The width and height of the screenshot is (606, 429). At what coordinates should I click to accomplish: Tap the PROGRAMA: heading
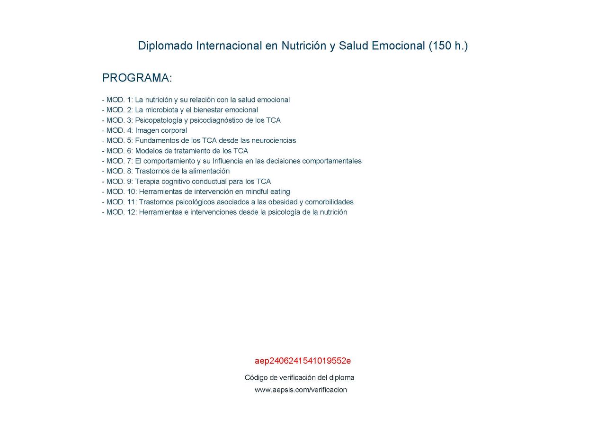(x=137, y=78)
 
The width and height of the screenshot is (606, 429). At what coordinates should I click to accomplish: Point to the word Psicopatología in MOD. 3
(x=159, y=120)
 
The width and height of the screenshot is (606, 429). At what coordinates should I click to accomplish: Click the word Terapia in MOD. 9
(x=147, y=182)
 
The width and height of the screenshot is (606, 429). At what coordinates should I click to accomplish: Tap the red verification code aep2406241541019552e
(x=303, y=361)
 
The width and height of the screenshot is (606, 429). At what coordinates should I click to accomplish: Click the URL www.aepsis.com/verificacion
(x=301, y=390)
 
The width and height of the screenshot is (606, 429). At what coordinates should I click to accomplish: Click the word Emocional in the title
(x=398, y=46)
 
